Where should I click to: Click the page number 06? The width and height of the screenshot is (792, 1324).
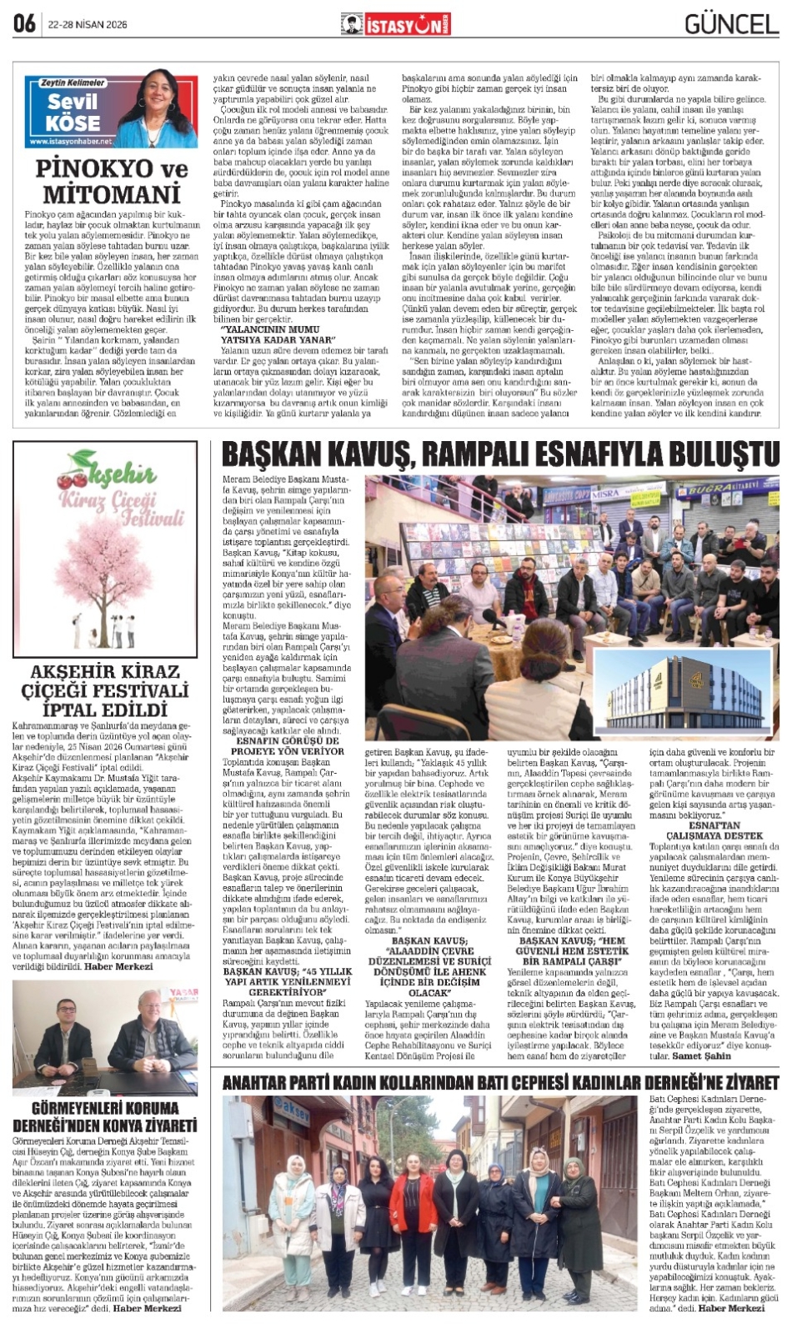24,23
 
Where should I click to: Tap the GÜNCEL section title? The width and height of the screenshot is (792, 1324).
731,24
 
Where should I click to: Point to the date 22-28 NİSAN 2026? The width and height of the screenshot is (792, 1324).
88,25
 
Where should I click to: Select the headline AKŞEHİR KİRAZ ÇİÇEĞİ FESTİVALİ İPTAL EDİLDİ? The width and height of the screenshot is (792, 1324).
105,690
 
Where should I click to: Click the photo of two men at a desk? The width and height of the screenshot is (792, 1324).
105,1037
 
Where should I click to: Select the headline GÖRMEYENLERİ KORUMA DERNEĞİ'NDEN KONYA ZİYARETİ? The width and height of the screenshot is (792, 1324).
105,1116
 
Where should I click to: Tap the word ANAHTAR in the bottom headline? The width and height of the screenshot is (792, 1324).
257,1082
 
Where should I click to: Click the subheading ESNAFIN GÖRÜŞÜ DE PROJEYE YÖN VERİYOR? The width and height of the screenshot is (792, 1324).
287,745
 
